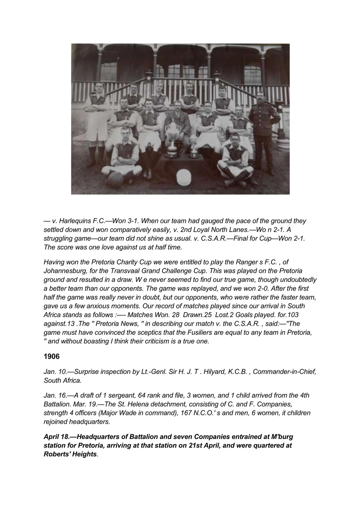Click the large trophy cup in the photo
tap(173, 137)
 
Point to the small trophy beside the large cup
tap(194, 150)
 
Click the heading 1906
tap(52, 356)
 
